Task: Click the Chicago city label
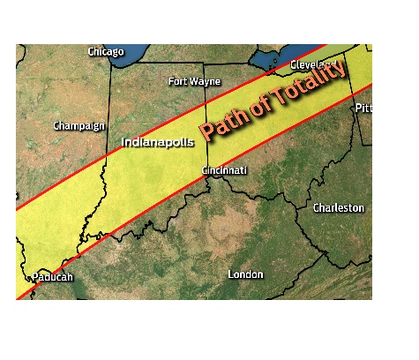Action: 106,52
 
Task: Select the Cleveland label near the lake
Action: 314,65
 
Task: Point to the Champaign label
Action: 79,125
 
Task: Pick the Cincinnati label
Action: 224,169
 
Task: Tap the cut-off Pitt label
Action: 363,109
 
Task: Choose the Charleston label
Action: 338,207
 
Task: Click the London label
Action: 245,274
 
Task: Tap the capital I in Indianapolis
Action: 123,141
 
